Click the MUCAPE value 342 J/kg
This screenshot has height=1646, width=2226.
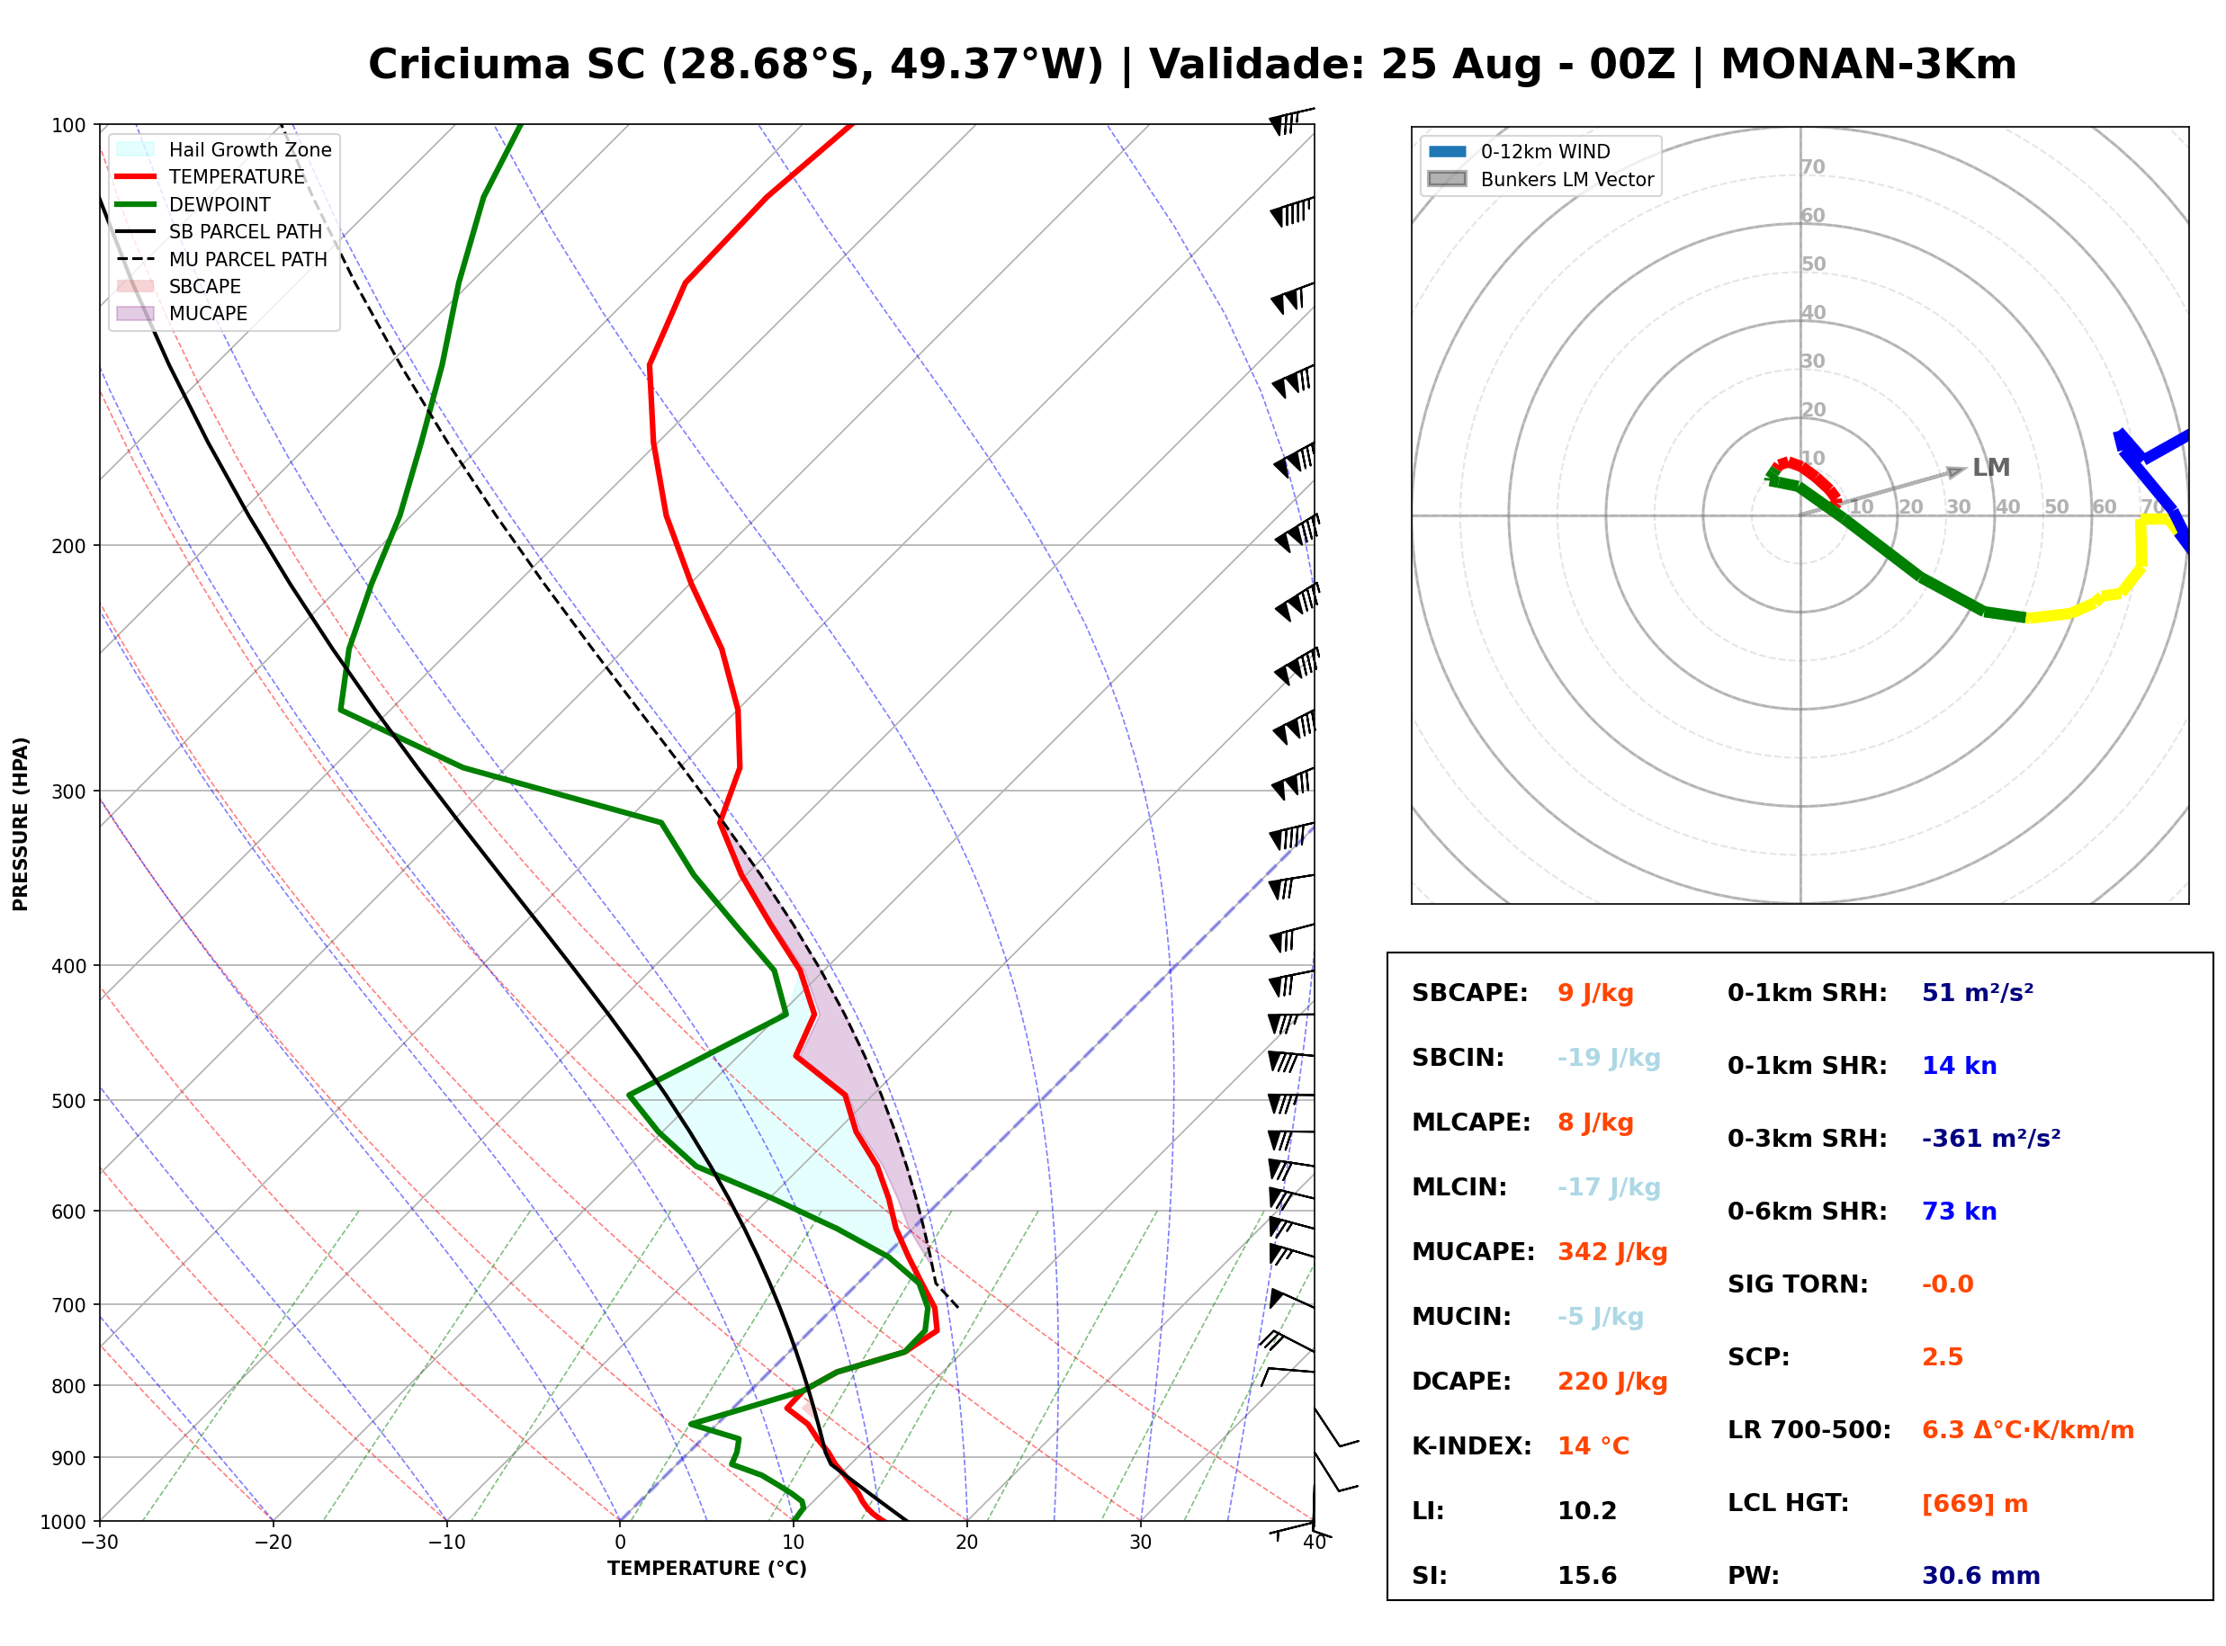(1612, 1251)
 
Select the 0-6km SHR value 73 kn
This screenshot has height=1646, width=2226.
(1959, 1211)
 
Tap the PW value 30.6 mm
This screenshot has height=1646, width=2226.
(1981, 1575)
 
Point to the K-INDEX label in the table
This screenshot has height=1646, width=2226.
(1472, 1445)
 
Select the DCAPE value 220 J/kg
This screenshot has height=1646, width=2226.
(1612, 1381)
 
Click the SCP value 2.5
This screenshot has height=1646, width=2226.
(1942, 1356)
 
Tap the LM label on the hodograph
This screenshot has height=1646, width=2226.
(1991, 468)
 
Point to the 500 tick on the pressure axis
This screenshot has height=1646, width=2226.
(68, 1101)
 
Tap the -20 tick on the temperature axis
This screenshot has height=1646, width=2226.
(273, 1543)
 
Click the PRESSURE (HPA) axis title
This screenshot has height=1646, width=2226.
(21, 824)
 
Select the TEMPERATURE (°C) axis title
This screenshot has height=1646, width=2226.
(707, 1569)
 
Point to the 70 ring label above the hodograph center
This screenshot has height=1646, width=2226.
(1812, 166)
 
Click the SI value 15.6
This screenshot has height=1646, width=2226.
(1586, 1575)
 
